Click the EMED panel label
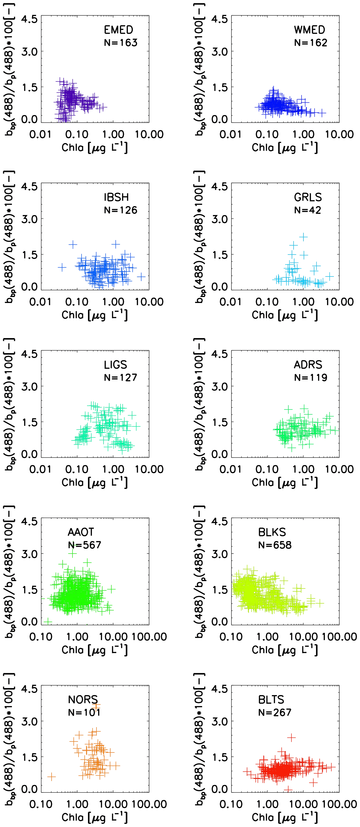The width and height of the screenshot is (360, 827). click(118, 30)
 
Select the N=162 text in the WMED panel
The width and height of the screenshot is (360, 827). click(311, 43)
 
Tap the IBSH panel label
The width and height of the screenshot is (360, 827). click(116, 197)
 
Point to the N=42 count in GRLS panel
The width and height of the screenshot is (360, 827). click(307, 210)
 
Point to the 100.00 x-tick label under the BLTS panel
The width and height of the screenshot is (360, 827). click(339, 804)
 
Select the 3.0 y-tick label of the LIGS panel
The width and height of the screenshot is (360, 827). click(29, 386)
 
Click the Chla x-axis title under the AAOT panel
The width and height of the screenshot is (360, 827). click(95, 650)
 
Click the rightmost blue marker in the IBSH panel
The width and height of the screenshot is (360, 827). click(141, 276)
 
